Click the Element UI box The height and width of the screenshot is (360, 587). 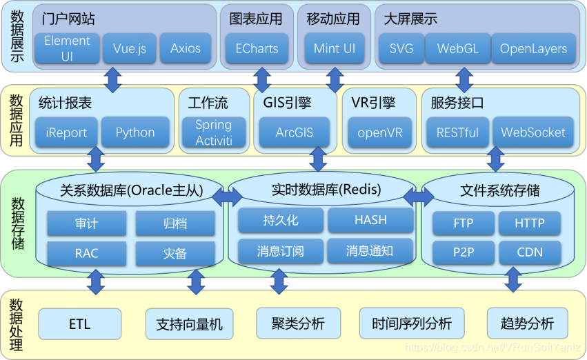(x=68, y=48)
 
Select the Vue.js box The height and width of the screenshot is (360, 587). (x=130, y=48)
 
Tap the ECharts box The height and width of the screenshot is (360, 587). (x=257, y=48)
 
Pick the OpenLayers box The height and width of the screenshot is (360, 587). (x=533, y=48)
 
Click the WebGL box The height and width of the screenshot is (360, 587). (x=458, y=48)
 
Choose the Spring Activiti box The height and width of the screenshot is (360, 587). (x=214, y=132)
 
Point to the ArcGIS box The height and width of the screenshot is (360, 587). (x=295, y=132)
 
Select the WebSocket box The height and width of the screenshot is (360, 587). (x=533, y=132)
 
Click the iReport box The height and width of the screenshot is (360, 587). (x=66, y=132)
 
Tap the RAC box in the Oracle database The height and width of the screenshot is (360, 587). (x=86, y=253)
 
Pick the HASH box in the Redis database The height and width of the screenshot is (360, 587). (x=370, y=220)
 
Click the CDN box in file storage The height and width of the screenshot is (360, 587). (x=530, y=252)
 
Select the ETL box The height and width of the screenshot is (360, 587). (x=80, y=324)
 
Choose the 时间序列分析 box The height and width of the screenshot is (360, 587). (x=412, y=323)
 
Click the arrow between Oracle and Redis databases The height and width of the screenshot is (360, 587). (x=227, y=197)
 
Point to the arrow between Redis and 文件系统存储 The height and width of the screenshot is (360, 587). (x=419, y=197)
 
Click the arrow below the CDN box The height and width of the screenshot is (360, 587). (x=513, y=279)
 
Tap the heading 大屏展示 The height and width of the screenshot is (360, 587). (x=410, y=19)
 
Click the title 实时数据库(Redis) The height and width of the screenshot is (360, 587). (x=326, y=190)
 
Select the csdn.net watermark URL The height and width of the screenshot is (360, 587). (x=493, y=348)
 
